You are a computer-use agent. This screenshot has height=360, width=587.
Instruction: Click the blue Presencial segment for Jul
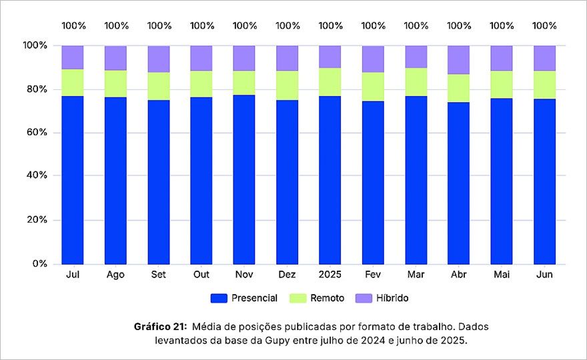pos(73,180)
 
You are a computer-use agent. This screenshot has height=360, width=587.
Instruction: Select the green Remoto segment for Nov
pos(244,83)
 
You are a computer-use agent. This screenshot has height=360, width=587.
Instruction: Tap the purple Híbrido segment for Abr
pos(459,59)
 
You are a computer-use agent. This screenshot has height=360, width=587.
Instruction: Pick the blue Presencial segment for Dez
pos(287,181)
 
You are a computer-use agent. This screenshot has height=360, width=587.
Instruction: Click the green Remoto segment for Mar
pos(416,82)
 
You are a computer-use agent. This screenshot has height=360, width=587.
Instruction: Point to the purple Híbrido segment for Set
pos(158,59)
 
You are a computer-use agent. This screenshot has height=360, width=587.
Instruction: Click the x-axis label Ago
pos(115,275)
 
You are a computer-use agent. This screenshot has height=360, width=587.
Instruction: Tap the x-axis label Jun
pos(544,275)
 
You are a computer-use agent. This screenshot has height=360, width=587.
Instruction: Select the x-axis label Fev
pos(373,275)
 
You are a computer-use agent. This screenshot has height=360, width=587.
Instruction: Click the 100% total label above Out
pos(201,26)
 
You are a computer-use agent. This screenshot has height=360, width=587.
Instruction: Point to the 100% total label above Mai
pos(502,26)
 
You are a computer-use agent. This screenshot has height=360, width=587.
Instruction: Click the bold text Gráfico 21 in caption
pos(161,327)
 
